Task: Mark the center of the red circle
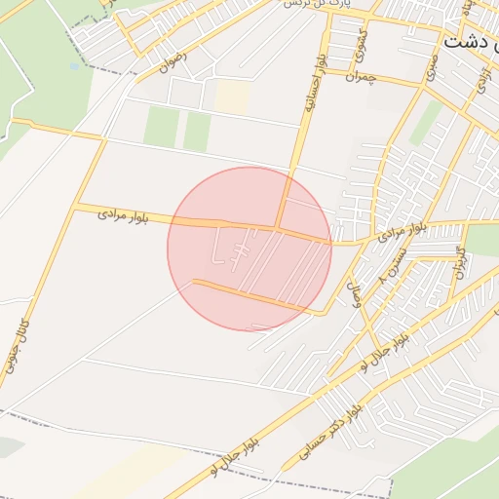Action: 249,249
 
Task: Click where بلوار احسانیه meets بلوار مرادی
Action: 279,230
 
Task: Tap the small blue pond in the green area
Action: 74,66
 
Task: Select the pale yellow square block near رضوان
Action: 233,95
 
